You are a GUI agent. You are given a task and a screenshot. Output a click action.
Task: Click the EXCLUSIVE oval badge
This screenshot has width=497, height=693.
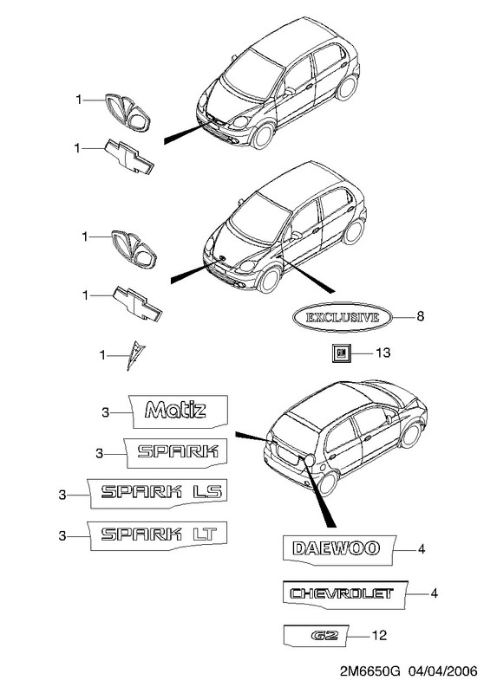pos(342,317)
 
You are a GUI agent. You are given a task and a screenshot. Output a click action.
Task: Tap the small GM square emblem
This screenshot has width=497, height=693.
pos(341,353)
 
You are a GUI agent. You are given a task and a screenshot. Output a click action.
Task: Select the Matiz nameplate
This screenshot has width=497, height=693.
pos(179,411)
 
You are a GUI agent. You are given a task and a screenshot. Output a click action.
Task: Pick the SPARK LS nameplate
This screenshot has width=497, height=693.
pos(158,492)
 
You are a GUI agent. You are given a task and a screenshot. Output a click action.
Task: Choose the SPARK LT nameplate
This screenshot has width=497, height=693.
pos(158,534)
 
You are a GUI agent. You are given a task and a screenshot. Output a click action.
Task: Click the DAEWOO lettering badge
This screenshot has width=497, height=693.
pos(338,549)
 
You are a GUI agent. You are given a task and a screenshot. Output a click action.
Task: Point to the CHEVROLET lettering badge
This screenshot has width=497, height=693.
pos(344,593)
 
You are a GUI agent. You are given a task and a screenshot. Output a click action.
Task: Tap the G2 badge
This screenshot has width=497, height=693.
pos(316,636)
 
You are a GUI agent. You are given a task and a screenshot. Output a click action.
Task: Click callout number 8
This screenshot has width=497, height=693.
pos(421,316)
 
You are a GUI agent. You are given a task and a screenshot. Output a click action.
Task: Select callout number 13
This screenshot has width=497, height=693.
pos(383,353)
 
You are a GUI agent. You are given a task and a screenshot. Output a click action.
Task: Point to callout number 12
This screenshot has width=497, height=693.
pos(380,636)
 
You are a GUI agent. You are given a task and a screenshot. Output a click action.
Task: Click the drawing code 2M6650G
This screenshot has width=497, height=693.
pos(370,672)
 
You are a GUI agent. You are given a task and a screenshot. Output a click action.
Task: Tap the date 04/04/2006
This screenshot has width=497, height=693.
pos(442,672)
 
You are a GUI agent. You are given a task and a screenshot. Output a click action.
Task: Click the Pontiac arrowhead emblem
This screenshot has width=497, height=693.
pos(135,355)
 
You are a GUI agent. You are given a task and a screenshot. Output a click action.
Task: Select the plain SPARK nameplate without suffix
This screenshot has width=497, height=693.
pos(177,452)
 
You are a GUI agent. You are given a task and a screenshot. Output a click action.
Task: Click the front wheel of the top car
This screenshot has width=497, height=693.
pos(262,136)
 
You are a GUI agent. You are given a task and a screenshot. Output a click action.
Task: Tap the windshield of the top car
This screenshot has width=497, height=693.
pos(252,74)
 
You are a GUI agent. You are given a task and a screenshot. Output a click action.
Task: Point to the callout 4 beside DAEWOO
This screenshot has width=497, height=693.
pos(422,549)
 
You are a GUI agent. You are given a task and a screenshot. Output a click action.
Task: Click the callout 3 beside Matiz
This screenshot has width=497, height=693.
pos(105,413)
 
